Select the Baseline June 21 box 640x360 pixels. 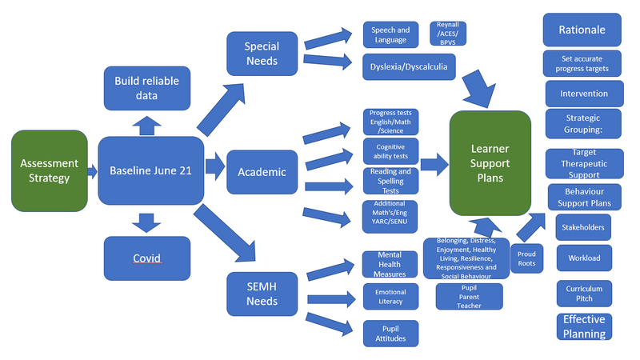pos(150,170)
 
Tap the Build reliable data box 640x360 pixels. pos(147,88)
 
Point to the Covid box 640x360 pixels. pos(147,258)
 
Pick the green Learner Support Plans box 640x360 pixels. pos(490,162)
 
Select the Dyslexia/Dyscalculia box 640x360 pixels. pos(409,67)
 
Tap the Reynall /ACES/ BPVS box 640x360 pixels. pos(448,34)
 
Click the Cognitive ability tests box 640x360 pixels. pos(390,150)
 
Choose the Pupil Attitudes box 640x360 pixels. pos(390,333)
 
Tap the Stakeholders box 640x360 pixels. pos(584,227)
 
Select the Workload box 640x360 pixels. pos(584,258)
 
